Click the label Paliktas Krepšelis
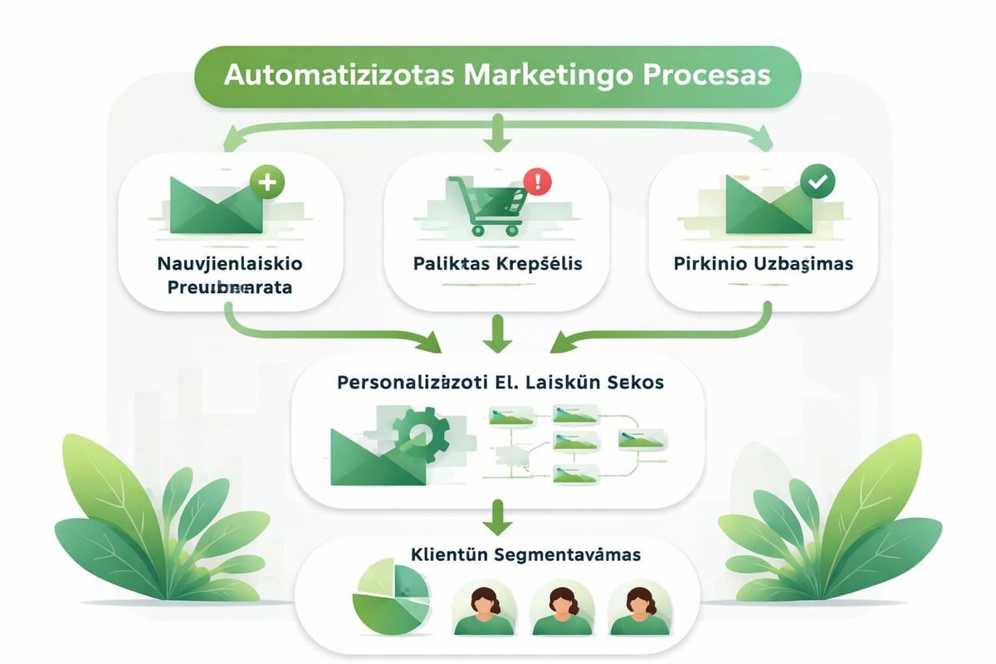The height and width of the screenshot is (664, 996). tap(498, 265)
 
